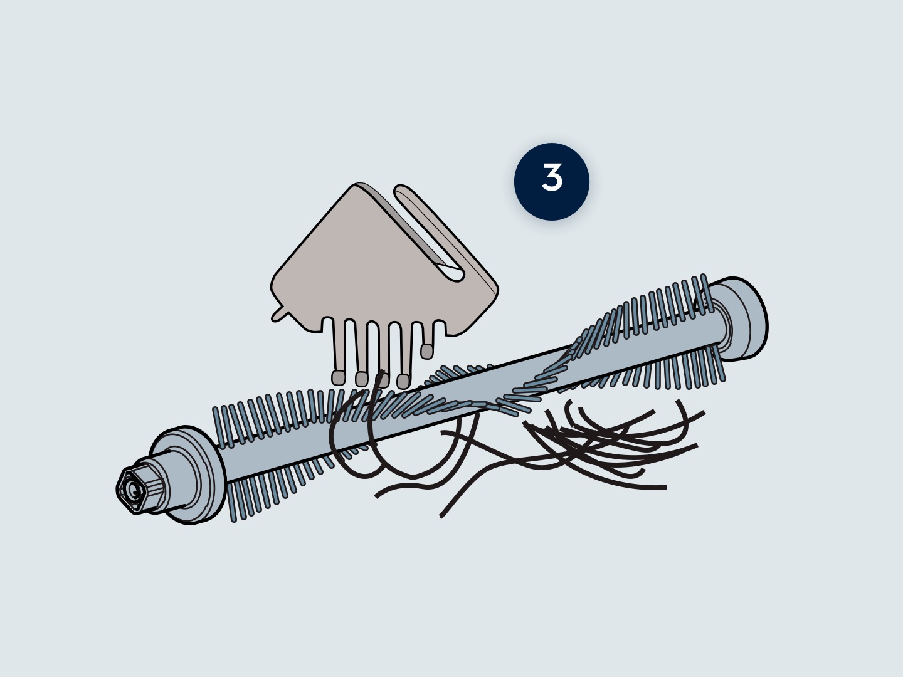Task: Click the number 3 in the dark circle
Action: click(552, 177)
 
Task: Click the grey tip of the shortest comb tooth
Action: click(426, 352)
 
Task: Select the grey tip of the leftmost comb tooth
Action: click(338, 378)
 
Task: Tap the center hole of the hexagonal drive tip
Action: click(133, 490)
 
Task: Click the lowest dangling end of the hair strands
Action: click(441, 517)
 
